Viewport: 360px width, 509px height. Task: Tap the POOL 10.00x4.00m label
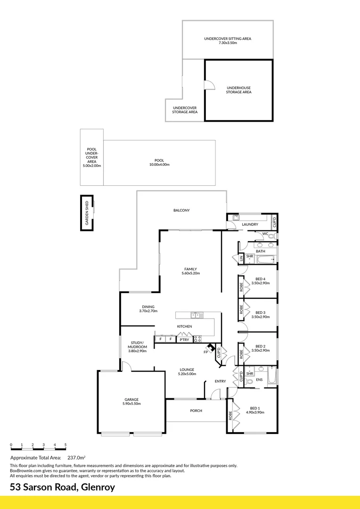(159, 162)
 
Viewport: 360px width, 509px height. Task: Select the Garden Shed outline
(87, 213)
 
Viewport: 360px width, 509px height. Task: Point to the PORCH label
(196, 410)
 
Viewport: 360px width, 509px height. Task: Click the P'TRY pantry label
(184, 339)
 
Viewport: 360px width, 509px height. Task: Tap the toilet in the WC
(271, 236)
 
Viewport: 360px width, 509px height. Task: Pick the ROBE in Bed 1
(231, 416)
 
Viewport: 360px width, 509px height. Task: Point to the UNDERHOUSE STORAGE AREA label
(238, 90)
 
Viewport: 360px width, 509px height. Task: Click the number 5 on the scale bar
(65, 445)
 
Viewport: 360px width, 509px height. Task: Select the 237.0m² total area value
(76, 457)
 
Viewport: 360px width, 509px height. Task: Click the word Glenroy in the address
(97, 487)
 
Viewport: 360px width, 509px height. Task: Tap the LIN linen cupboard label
(241, 258)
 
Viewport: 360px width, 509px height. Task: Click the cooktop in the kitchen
(197, 338)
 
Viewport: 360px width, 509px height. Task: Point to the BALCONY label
(181, 210)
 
